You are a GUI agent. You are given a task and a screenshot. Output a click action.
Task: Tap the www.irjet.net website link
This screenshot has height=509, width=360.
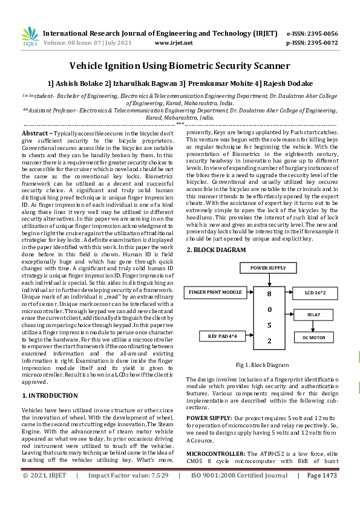(174, 43)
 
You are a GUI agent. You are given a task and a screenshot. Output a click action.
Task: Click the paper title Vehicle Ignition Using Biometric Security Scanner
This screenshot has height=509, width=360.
(180, 65)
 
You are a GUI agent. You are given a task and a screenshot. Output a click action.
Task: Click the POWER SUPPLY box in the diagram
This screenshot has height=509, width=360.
(269, 267)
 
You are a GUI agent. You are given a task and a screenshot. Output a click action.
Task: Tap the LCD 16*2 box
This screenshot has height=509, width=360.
(316, 293)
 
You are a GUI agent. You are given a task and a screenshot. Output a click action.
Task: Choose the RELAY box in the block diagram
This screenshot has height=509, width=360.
(314, 314)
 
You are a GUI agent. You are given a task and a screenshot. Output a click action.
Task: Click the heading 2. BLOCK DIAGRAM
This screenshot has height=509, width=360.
(216, 250)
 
